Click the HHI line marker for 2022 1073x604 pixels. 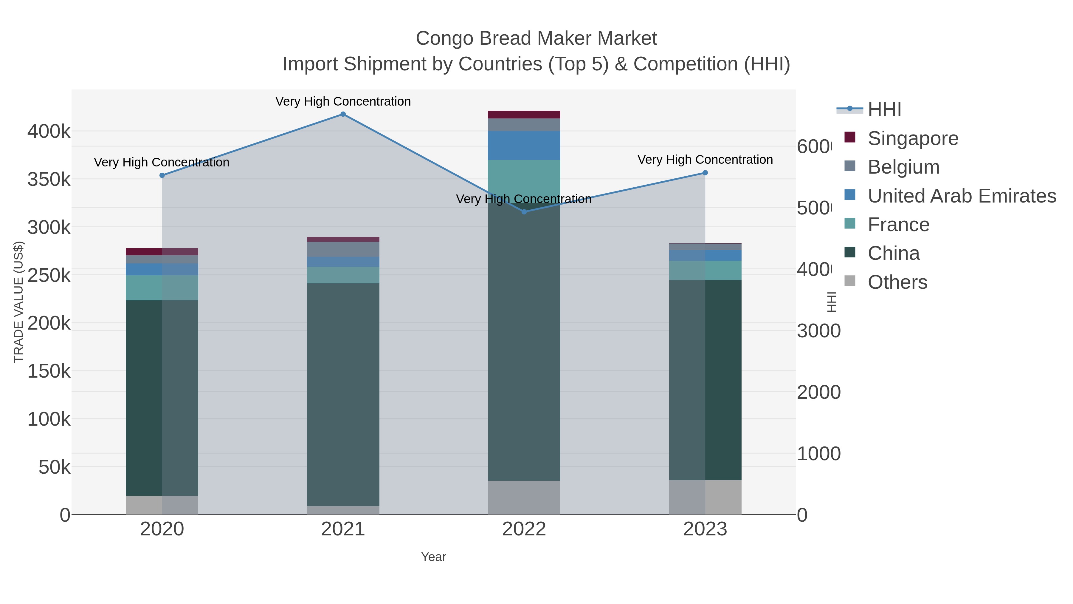click(524, 212)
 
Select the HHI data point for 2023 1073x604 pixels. click(705, 173)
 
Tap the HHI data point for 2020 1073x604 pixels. click(162, 175)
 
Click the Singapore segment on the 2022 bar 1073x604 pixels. click(524, 115)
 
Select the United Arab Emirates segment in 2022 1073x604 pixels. click(524, 146)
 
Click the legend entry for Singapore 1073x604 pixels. click(912, 138)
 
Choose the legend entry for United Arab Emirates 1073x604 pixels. click(961, 196)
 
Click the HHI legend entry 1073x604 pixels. click(884, 110)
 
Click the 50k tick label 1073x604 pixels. click(54, 467)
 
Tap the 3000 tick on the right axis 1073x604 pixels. click(818, 331)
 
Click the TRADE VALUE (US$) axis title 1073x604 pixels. click(19, 302)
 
